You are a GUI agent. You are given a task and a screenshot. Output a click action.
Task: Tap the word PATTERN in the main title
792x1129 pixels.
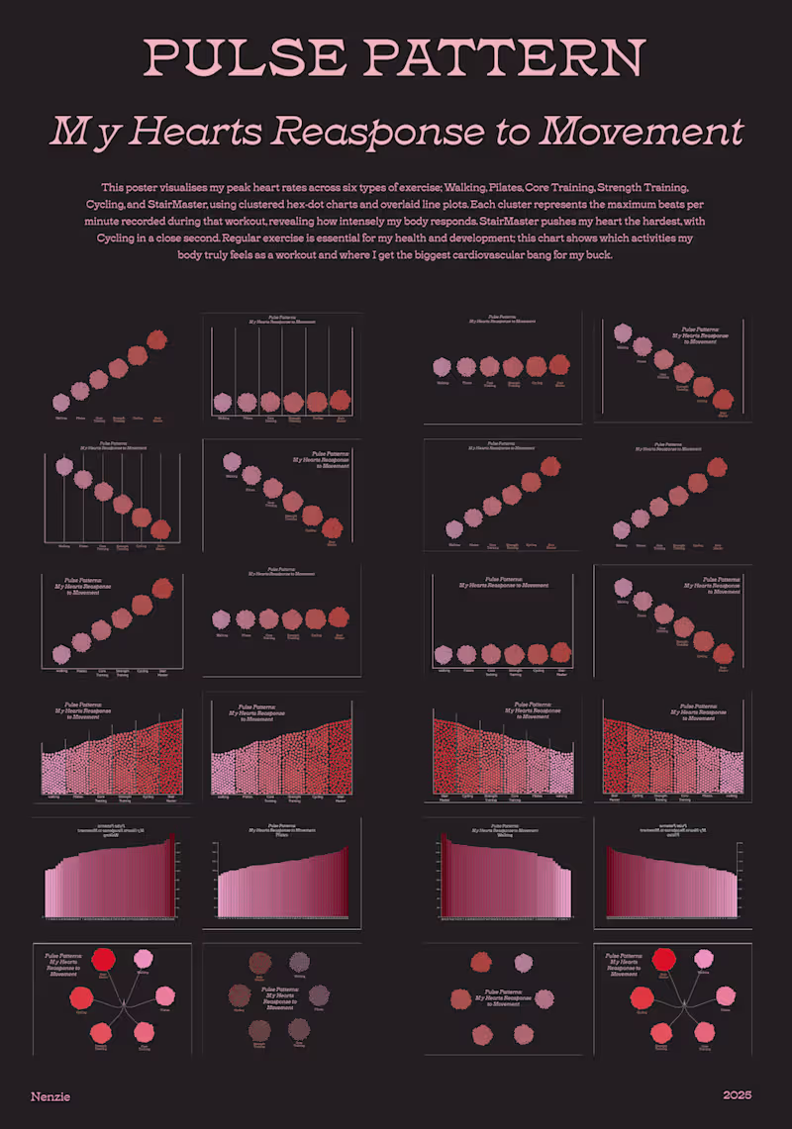(x=507, y=58)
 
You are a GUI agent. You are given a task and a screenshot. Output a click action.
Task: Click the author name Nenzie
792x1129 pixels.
(x=50, y=1096)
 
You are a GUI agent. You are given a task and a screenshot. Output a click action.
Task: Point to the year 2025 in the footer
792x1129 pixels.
(x=738, y=1095)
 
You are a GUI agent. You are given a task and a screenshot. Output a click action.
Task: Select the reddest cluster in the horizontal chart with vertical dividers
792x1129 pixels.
(x=340, y=400)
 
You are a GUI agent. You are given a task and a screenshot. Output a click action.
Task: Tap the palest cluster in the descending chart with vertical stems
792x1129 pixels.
(x=65, y=466)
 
